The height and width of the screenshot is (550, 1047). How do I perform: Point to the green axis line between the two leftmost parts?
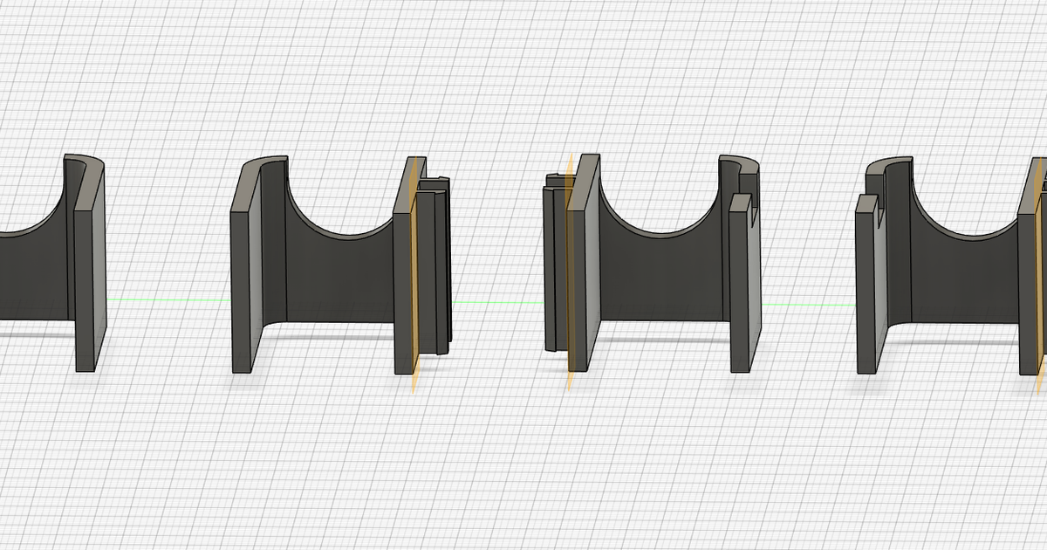tap(166, 300)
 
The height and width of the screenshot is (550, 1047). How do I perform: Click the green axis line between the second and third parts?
tap(497, 303)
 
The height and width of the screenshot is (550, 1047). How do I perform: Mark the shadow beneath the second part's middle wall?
tap(340, 336)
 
